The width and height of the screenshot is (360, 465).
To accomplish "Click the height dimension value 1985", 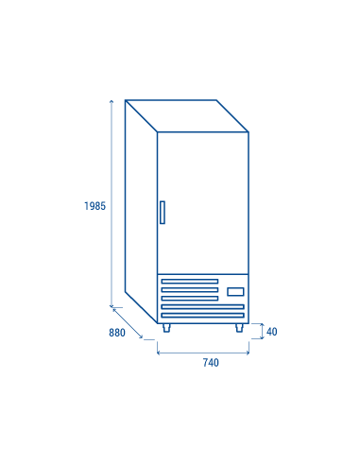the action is (94, 206).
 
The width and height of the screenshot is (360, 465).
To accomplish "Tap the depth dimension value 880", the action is (117, 333).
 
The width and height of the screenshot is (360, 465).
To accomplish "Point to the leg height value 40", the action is (272, 332).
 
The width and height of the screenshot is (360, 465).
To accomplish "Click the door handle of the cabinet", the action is (162, 213).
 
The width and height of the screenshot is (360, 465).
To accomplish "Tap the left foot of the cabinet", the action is (167, 328).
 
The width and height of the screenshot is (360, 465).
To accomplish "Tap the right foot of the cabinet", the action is (237, 328).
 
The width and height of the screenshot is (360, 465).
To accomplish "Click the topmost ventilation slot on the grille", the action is (189, 281).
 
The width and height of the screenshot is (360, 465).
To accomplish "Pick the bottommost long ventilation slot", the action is (202, 315).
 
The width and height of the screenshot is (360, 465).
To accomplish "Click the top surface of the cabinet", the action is (187, 115).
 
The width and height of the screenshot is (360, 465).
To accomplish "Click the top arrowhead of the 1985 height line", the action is (111, 100).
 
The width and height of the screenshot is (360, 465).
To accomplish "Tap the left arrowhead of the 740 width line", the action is (159, 352).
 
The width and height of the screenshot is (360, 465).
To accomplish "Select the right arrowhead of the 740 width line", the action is (248, 352).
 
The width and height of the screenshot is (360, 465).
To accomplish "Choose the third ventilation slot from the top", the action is (189, 298).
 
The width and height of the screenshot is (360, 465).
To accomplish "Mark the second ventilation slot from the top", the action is (189, 289).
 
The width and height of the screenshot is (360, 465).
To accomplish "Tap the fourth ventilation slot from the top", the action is (202, 306).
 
